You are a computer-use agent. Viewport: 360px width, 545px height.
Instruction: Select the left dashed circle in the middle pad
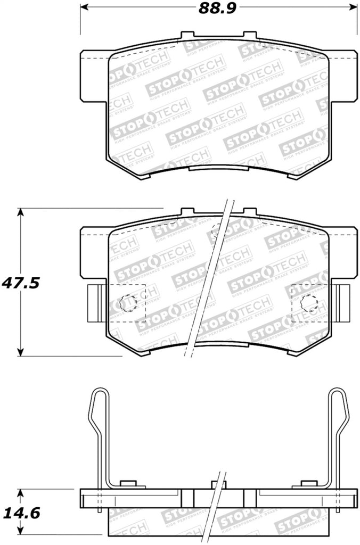(x=128, y=303)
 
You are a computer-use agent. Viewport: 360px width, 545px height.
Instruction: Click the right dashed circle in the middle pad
(x=309, y=303)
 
